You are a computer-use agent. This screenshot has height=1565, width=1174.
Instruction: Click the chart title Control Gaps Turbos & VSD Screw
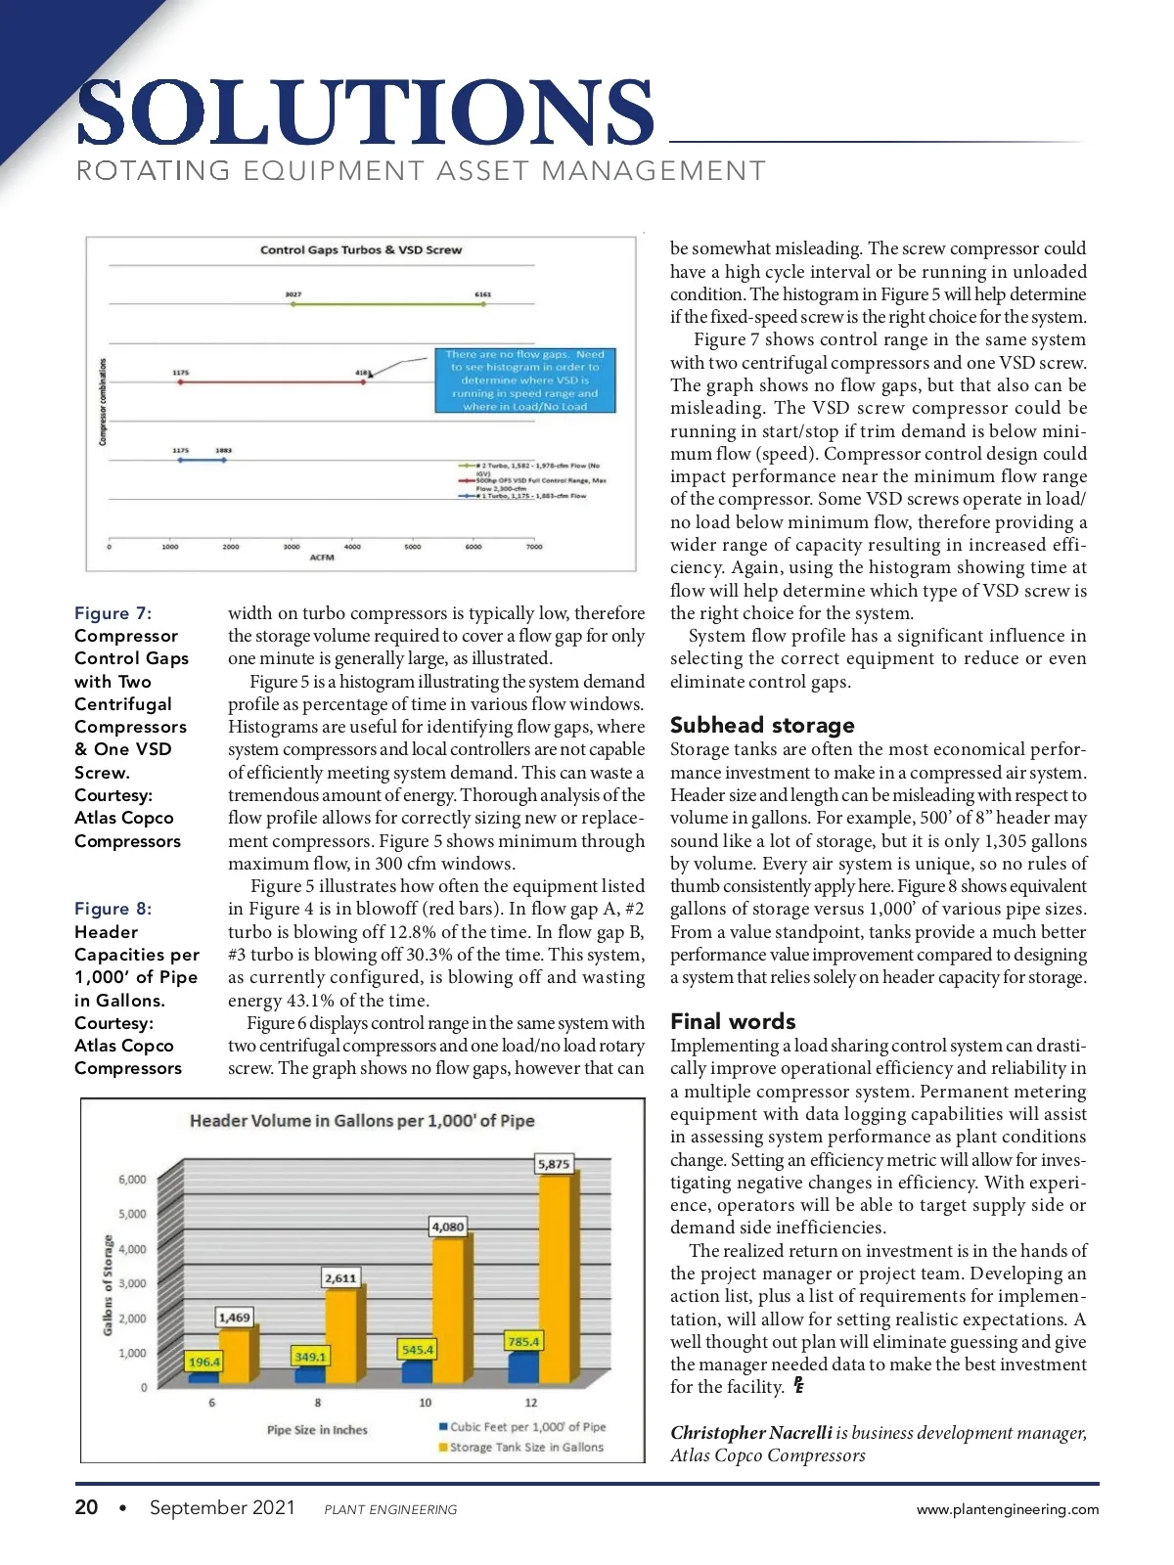point(360,250)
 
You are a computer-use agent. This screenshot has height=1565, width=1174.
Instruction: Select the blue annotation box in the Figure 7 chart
point(525,380)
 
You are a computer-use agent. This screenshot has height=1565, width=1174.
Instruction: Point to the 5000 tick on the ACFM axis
point(413,547)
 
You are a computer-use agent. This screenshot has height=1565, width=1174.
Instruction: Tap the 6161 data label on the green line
point(483,293)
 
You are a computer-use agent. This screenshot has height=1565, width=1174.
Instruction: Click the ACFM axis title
point(322,558)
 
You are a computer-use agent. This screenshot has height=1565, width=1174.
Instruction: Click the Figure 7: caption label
point(113,613)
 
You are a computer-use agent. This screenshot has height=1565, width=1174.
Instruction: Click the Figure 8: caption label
point(113,909)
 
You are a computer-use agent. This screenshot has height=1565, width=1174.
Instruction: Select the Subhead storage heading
point(762,725)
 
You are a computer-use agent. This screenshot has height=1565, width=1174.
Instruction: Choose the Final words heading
point(733,1021)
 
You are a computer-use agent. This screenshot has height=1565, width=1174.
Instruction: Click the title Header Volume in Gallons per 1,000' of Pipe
point(362,1121)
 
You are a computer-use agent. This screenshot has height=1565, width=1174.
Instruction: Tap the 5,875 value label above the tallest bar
point(554,1164)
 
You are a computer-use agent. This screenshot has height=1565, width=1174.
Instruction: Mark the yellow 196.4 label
point(204,1362)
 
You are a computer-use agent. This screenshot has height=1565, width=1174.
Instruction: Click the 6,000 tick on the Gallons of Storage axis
point(132,1180)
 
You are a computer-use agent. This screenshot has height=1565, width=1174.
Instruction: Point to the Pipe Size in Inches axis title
point(317,1430)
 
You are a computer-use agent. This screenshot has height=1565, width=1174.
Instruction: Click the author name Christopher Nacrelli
point(751,1433)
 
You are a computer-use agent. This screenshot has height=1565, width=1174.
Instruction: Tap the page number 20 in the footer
point(86,1507)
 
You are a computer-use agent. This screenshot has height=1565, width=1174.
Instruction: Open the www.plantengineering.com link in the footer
point(1008,1509)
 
